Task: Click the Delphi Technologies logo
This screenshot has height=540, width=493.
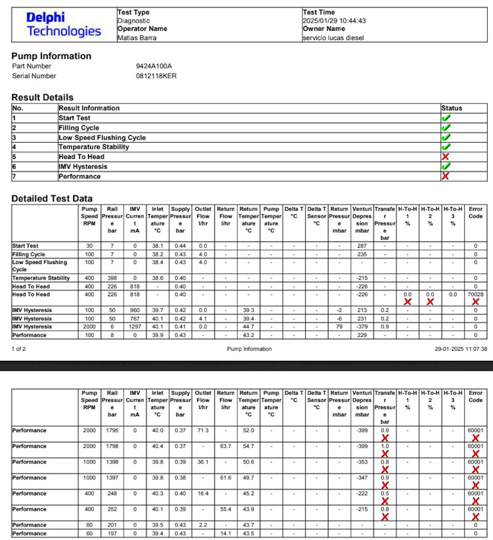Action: (64, 25)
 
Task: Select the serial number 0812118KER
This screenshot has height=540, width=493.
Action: (156, 76)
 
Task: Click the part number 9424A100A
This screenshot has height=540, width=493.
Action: (154, 66)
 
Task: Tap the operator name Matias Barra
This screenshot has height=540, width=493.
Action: (137, 38)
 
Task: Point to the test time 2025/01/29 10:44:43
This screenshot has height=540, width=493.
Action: (334, 21)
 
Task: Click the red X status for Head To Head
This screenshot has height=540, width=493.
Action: (445, 157)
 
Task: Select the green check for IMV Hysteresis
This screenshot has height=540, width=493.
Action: (446, 166)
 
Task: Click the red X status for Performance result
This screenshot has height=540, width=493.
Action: (445, 176)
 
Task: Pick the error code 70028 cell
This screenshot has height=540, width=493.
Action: (475, 294)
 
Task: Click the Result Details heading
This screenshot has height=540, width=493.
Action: (42, 97)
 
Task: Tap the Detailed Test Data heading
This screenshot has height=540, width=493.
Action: (52, 198)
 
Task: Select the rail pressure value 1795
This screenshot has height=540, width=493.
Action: (112, 430)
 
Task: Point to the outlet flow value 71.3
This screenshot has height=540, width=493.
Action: (203, 430)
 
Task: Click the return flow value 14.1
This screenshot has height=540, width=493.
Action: (225, 533)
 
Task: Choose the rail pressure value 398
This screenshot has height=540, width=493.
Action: (112, 278)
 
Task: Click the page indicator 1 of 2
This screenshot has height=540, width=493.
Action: (19, 349)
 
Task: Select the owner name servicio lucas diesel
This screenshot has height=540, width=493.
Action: (333, 38)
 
